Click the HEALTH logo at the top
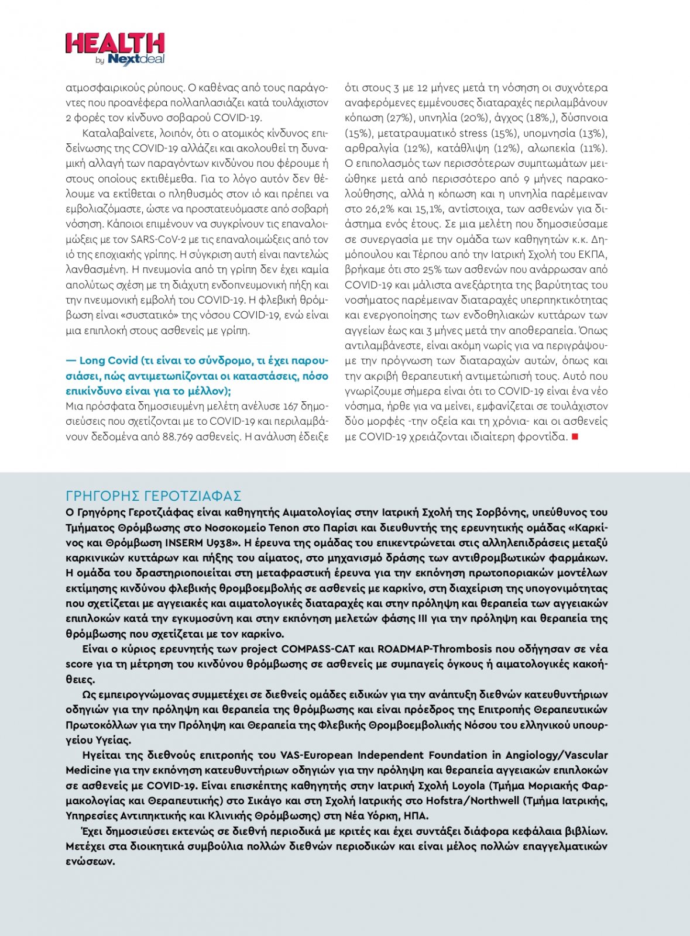coord(115,43)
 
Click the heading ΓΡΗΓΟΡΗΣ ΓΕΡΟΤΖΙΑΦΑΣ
coord(153,496)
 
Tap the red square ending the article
coord(575,436)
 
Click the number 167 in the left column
coord(290,406)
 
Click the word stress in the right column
coord(472,133)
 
